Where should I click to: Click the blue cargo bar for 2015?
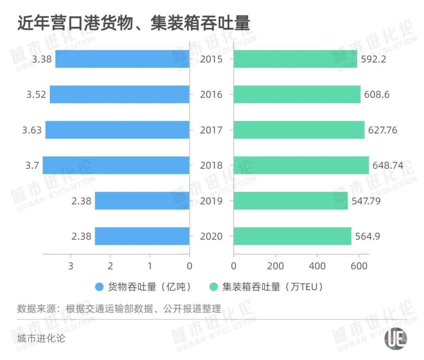click(122, 59)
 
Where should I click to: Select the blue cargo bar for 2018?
click(116, 165)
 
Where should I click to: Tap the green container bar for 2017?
click(299, 130)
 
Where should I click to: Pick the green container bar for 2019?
click(291, 201)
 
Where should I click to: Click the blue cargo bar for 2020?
click(142, 236)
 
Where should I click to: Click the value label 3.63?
click(32, 130)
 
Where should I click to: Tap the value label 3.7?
click(32, 165)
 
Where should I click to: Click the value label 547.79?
click(366, 201)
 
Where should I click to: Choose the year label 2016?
click(211, 95)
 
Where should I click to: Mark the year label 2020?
click(211, 236)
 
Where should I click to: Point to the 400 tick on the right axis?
click(317, 266)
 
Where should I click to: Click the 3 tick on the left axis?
click(71, 266)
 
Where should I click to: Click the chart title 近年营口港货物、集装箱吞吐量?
click(133, 24)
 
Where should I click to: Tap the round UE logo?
click(395, 338)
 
